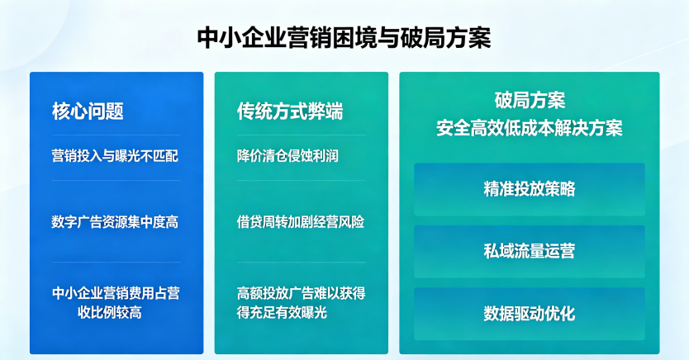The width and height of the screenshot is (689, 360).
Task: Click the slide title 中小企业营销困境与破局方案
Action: [x=344, y=37]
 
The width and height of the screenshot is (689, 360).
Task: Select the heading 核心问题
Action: [x=88, y=111]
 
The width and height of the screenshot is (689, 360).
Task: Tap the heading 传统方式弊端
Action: [x=290, y=111]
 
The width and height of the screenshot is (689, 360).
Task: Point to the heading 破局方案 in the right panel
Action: [x=530, y=100]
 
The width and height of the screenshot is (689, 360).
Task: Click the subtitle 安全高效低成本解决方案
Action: [x=530, y=128]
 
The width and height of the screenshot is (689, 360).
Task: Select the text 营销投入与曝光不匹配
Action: [x=115, y=156]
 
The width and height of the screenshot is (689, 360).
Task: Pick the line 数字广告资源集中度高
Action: [x=115, y=222]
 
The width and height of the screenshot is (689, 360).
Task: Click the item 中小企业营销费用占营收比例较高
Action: [x=116, y=302]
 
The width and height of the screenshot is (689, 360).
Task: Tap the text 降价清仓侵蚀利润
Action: [x=287, y=156]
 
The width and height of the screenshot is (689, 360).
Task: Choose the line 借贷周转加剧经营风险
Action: [x=301, y=222]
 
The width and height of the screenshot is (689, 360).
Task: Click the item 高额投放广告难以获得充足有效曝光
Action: [x=301, y=302]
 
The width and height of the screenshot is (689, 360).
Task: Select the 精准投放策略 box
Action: [x=530, y=189]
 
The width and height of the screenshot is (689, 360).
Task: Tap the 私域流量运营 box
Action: [x=530, y=252]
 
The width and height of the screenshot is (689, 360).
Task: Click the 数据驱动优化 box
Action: [x=530, y=314]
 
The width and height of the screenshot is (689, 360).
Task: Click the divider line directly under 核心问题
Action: [x=116, y=135]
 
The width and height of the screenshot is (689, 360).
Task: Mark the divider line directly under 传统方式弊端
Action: [x=302, y=135]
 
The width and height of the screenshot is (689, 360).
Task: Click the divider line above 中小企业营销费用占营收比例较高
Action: [x=116, y=262]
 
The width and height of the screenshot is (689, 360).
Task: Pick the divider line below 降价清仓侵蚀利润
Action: [x=302, y=181]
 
